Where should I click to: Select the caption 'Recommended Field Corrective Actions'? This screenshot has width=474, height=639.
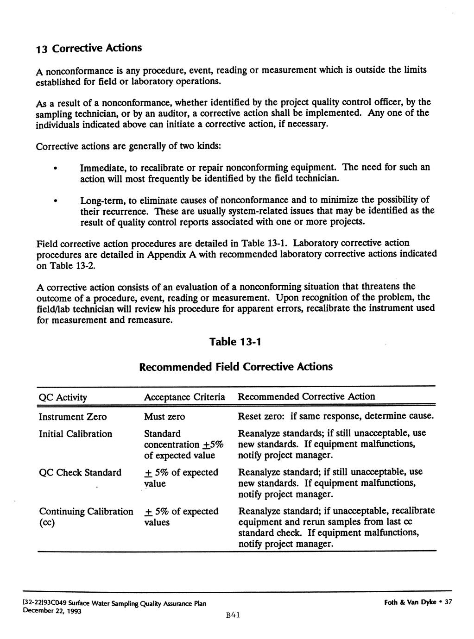pyautogui.click(x=236, y=367)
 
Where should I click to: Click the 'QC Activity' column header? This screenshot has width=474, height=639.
pyautogui.click(x=63, y=397)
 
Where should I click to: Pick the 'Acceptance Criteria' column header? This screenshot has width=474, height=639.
pyautogui.click(x=184, y=397)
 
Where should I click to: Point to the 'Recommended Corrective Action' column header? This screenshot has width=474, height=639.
pyautogui.click(x=306, y=396)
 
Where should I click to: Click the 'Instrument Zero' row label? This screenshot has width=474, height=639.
pyautogui.click(x=72, y=417)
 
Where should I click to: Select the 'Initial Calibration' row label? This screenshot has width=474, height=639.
pyautogui.click(x=75, y=434)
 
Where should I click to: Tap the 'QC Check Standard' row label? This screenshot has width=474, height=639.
pyautogui.click(x=80, y=473)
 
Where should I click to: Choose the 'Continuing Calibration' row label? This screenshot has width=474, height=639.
pyautogui.click(x=86, y=512)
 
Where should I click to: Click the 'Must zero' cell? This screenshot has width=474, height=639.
pyautogui.click(x=164, y=417)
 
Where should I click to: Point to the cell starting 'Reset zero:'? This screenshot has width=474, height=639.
pyautogui.click(x=336, y=416)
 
